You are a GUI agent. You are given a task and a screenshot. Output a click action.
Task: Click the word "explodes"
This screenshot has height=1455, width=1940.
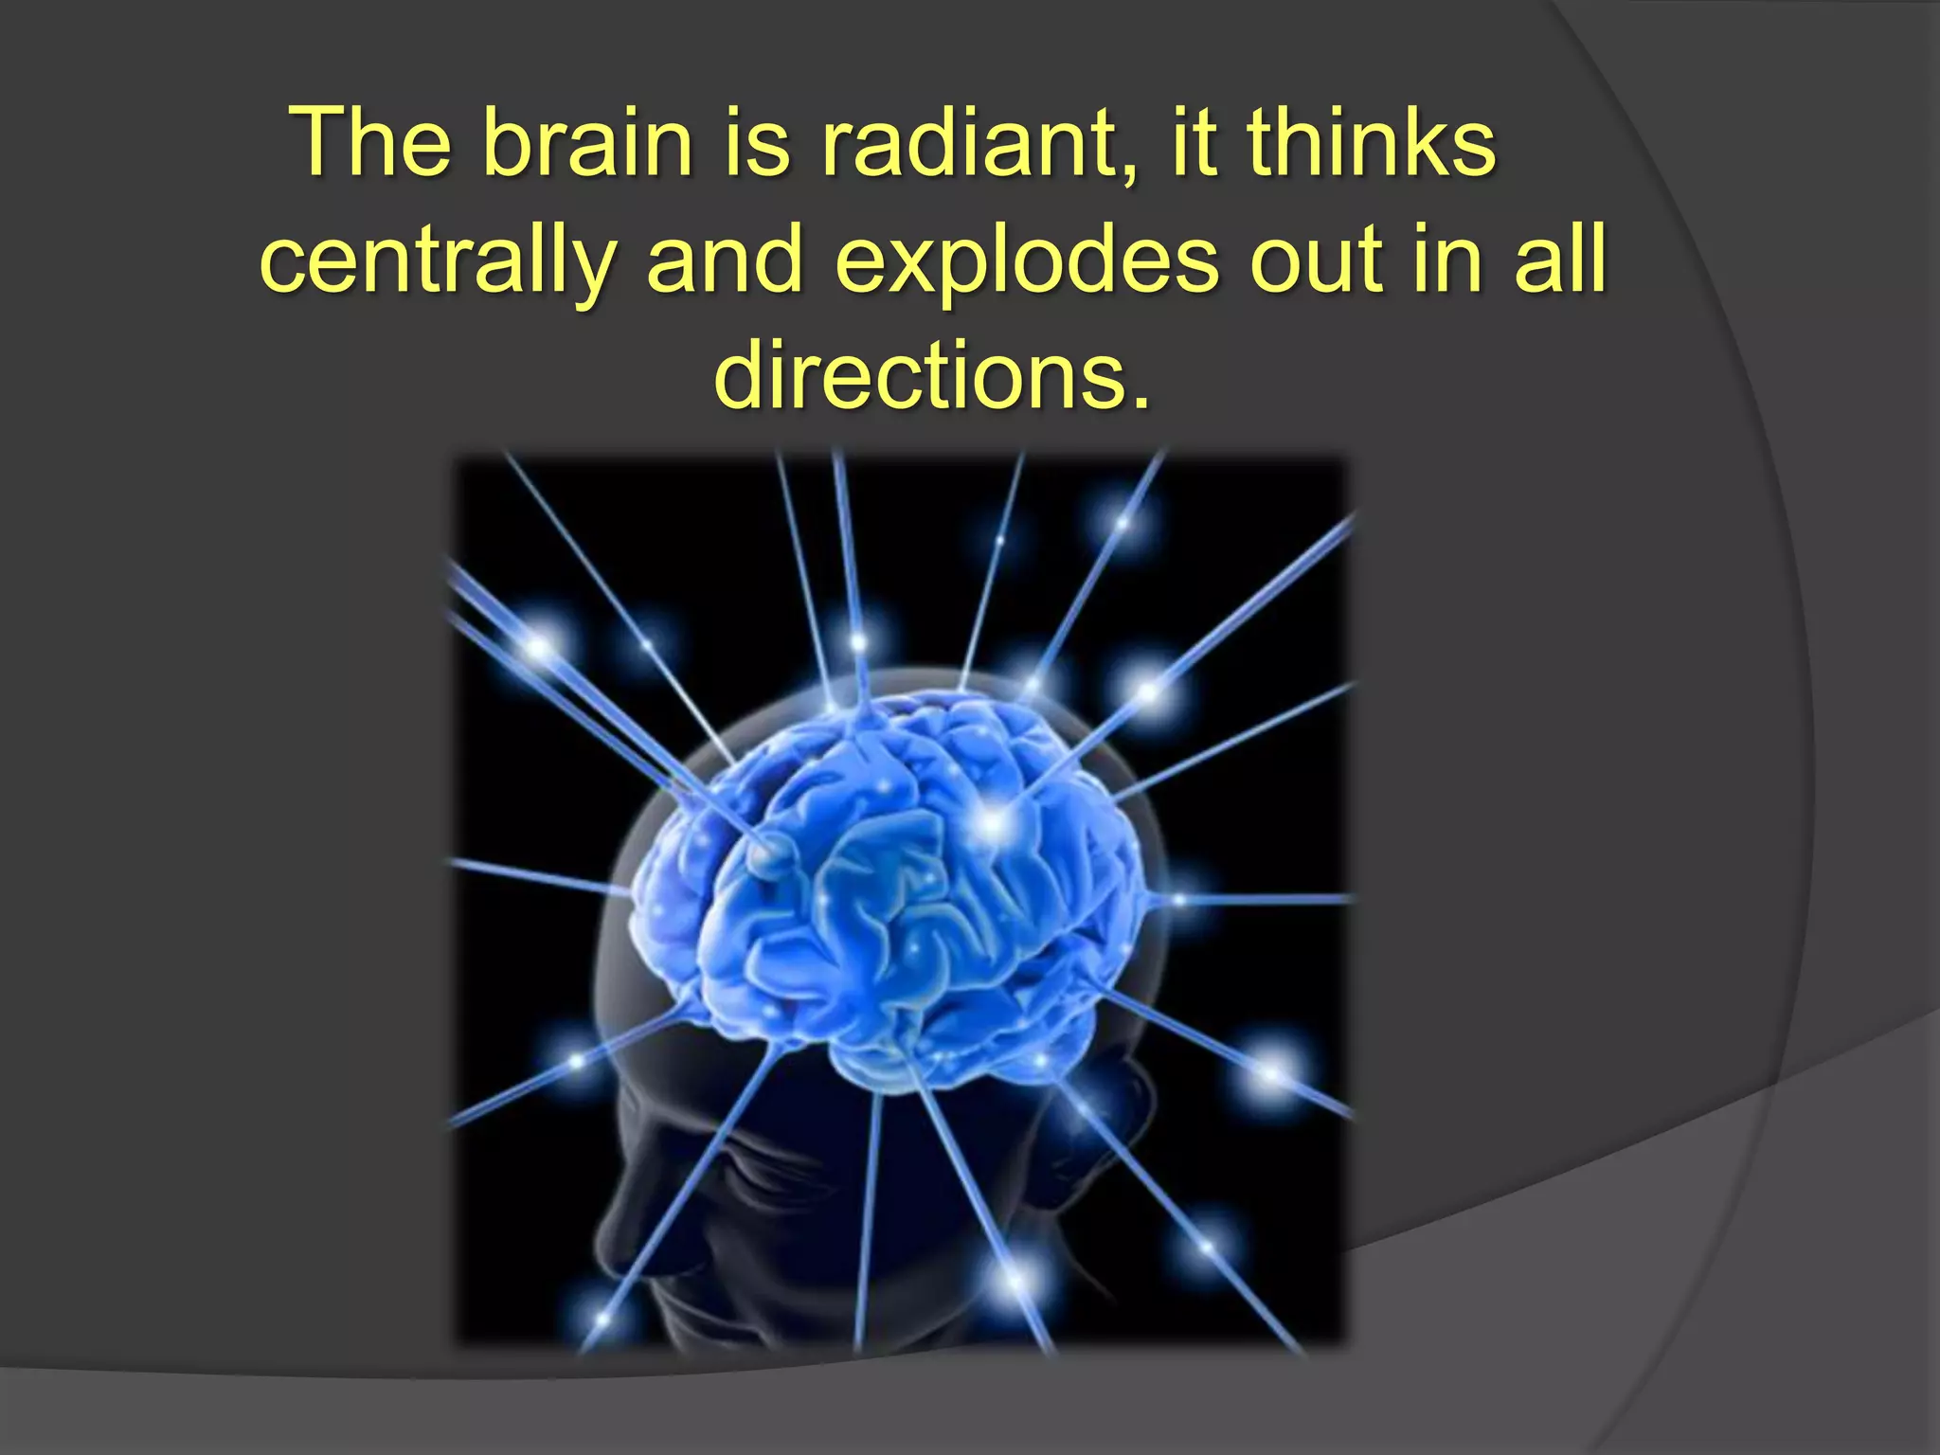(x=1027, y=260)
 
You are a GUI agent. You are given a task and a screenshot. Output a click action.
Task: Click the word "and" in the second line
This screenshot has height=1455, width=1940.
(x=725, y=260)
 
